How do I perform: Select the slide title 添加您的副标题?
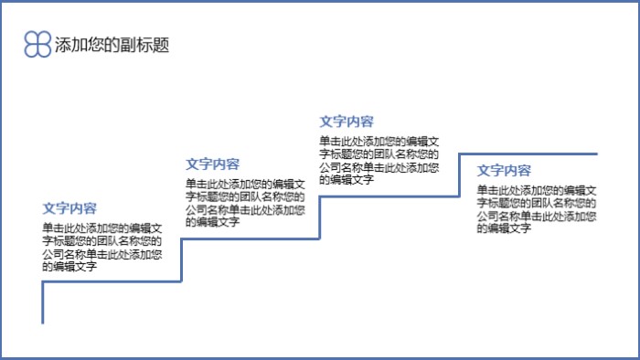pos(112,46)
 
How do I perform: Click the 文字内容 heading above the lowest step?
pos(70,207)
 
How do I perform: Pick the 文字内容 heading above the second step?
pos(213,164)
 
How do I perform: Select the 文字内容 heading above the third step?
pos(347,121)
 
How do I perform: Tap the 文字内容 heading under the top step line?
pos(505,170)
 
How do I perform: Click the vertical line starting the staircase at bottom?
pos(43,302)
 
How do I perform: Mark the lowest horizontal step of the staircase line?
pos(112,281)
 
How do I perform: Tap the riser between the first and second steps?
pos(181,260)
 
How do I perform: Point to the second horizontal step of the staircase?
pos(250,239)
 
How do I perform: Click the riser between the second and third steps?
pos(319,217)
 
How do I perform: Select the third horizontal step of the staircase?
pos(389,196)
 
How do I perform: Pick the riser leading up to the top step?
pos(458,175)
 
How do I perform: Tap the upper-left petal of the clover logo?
pos(32,38)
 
